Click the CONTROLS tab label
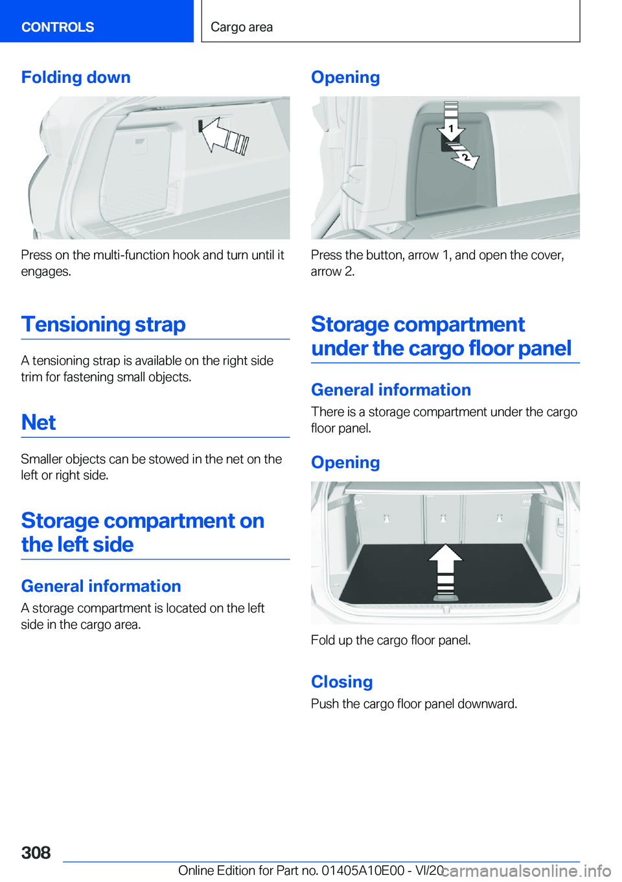[x=58, y=27]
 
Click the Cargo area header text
[x=242, y=27]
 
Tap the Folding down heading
[x=76, y=77]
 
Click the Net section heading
[x=39, y=422]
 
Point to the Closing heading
[x=341, y=681]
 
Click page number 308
[x=36, y=853]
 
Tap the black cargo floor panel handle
[x=445, y=597]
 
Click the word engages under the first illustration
[x=46, y=272]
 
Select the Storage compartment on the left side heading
[x=143, y=532]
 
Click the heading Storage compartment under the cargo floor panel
[x=441, y=336]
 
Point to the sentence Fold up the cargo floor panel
[x=391, y=640]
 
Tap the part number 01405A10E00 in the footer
[x=363, y=870]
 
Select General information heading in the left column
[x=101, y=586]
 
